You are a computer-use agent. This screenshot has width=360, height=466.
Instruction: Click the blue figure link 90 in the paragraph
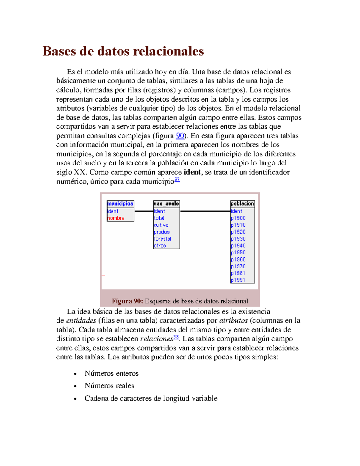(180, 136)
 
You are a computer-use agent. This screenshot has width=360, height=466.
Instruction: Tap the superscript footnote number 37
(177, 180)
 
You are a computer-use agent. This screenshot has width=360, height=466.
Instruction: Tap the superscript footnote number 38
(176, 337)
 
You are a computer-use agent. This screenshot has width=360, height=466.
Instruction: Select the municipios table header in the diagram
(120, 204)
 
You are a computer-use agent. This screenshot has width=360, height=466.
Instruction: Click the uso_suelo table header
(166, 204)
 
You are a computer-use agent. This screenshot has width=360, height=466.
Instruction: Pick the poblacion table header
(242, 204)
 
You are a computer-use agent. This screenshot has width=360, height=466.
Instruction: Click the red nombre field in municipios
(116, 218)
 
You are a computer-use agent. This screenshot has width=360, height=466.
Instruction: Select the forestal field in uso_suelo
(162, 239)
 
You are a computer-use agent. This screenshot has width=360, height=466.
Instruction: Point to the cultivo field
(161, 225)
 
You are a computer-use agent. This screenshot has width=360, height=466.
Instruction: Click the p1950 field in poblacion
(238, 253)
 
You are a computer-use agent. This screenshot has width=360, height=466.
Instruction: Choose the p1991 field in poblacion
(238, 280)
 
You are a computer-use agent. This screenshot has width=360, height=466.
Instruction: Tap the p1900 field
(238, 218)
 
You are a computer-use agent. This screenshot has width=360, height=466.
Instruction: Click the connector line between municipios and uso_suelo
(144, 211)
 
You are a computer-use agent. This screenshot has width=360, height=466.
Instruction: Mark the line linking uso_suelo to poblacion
(205, 211)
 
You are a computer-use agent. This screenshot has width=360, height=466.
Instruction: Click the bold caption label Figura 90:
(127, 301)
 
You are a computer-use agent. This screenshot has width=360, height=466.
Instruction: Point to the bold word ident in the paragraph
(192, 172)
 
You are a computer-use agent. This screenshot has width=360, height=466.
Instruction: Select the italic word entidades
(81, 320)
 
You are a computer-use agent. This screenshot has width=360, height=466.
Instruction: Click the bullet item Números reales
(109, 386)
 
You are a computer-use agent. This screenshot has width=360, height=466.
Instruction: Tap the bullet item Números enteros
(112, 373)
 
